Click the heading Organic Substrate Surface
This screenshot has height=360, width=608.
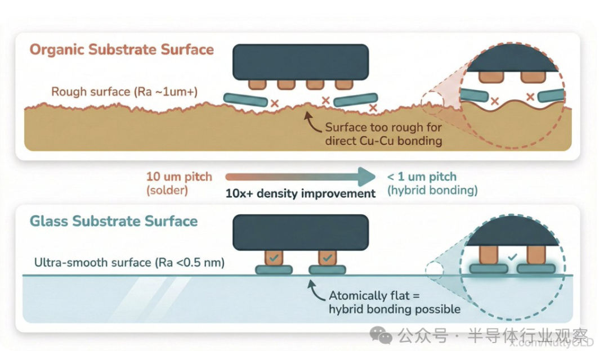click(x=122, y=49)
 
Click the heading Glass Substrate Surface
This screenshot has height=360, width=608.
click(x=113, y=221)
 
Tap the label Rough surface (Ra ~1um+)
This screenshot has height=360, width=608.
click(x=124, y=92)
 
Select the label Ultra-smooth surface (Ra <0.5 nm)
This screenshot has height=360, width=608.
click(x=129, y=262)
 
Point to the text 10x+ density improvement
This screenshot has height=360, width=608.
click(x=300, y=193)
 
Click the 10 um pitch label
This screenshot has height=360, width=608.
click(x=179, y=177)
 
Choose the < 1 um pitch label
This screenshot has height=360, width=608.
click(x=422, y=177)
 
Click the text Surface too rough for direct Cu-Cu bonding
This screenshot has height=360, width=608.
click(x=383, y=134)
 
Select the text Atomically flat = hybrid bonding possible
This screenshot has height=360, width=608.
click(x=394, y=302)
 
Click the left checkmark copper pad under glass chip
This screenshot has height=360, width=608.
click(x=274, y=258)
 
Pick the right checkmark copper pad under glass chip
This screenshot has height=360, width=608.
click(x=327, y=258)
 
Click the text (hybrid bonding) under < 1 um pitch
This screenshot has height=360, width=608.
click(x=432, y=191)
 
